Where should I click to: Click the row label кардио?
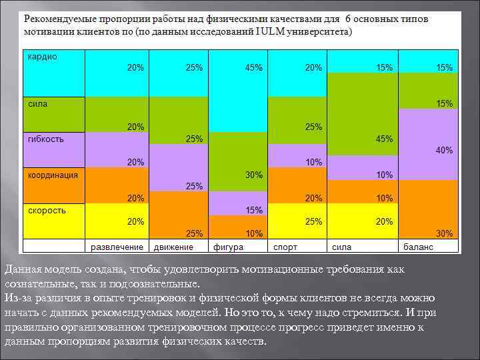click(x=43, y=57)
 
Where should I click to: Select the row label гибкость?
click(x=46, y=139)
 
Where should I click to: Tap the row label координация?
click(x=53, y=175)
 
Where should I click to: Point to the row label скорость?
click(x=47, y=210)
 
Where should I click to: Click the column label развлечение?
click(x=117, y=247)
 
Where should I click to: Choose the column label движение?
click(x=173, y=247)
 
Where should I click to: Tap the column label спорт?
click(x=285, y=247)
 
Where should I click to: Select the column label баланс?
click(x=418, y=247)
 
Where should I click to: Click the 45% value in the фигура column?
click(x=254, y=68)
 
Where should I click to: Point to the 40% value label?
click(x=444, y=151)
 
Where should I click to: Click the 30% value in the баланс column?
click(x=444, y=233)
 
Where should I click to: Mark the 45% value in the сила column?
click(x=385, y=139)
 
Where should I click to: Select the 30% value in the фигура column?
click(x=254, y=175)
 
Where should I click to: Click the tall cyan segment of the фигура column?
click(x=237, y=100)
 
